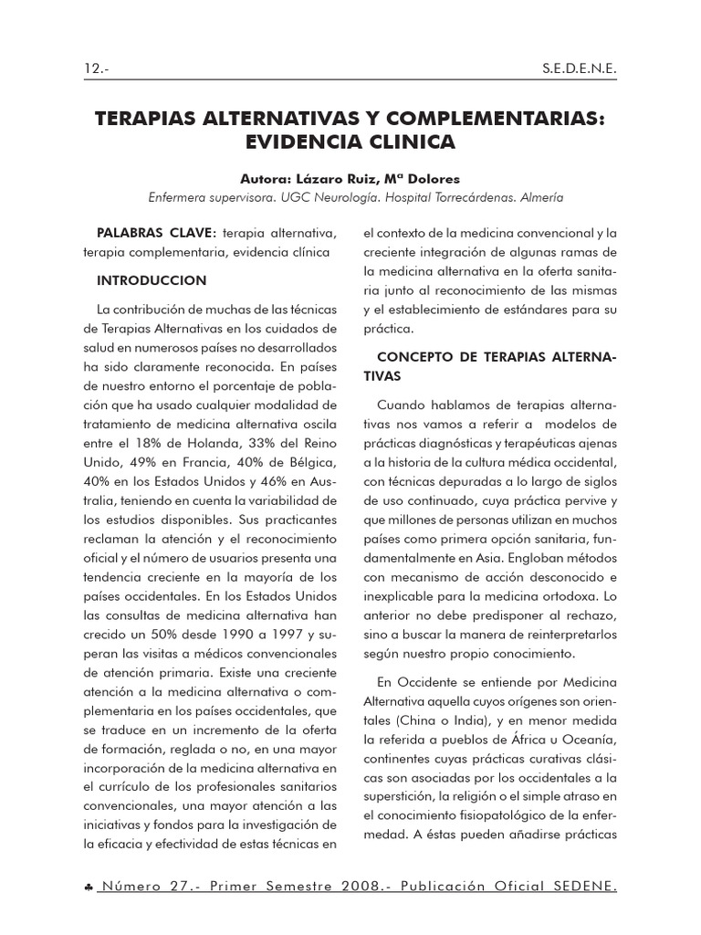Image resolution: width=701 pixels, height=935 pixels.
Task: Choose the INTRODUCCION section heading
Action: point(152,279)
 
